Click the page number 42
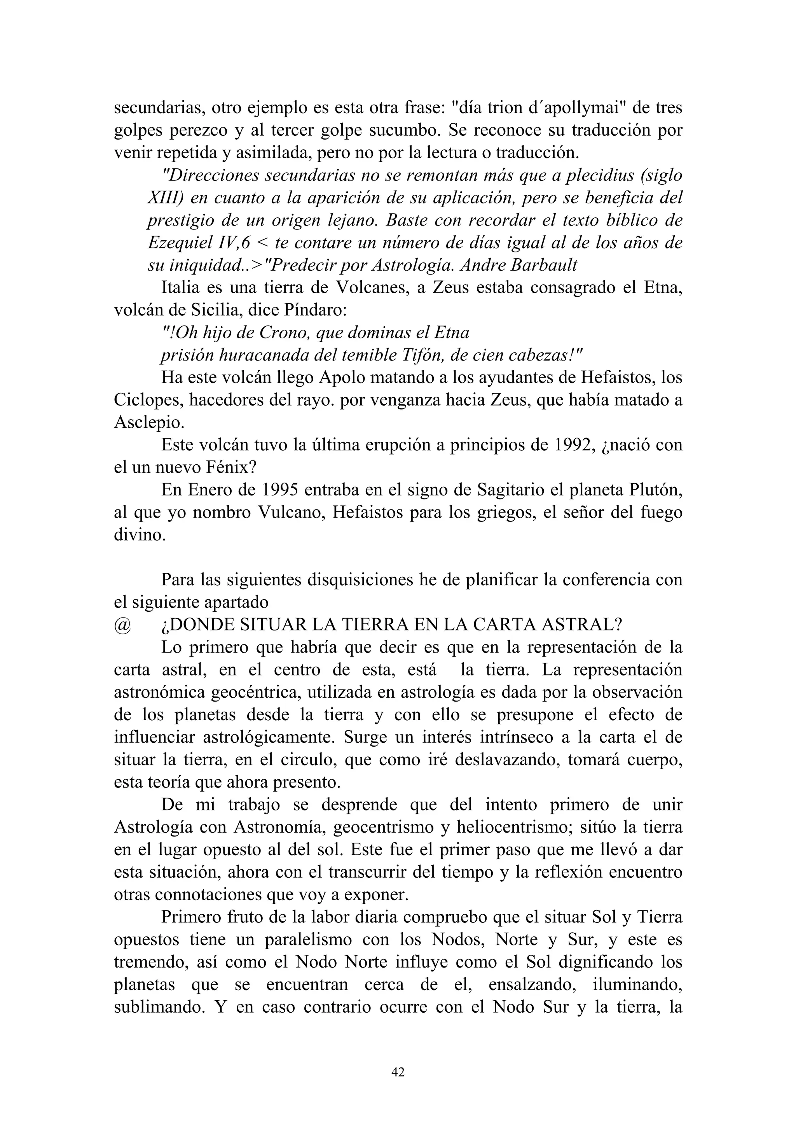(398, 1073)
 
